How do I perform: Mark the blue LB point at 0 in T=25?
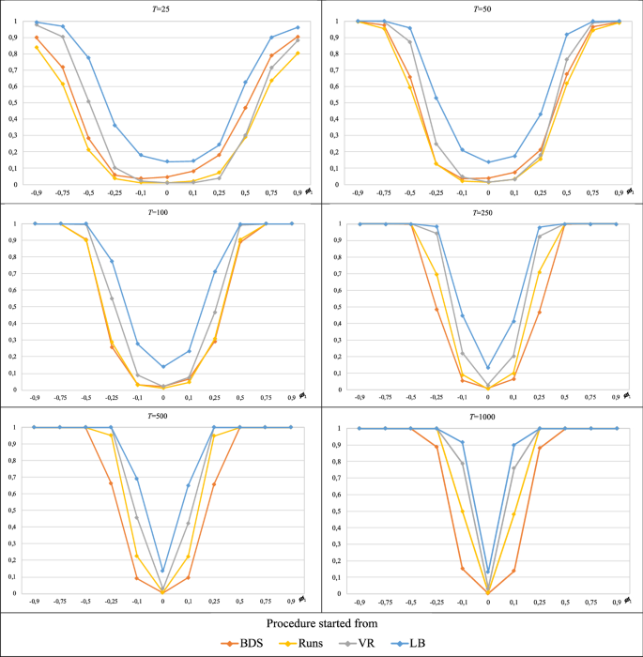click(167, 161)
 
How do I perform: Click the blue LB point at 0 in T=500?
click(163, 571)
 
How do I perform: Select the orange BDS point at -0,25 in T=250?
click(436, 309)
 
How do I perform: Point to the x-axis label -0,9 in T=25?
click(37, 191)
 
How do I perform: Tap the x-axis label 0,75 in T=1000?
click(590, 600)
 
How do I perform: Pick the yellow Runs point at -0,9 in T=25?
click(37, 48)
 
